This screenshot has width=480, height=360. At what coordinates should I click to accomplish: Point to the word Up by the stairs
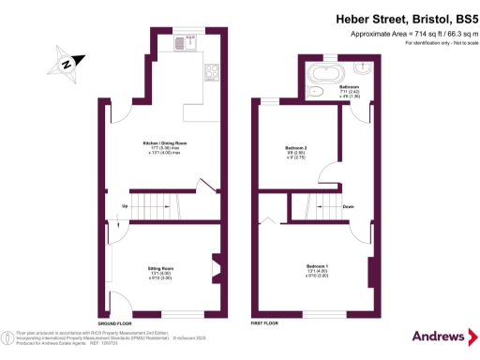[x=123, y=205]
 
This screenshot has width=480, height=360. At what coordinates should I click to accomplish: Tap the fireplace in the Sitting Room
[x=216, y=268]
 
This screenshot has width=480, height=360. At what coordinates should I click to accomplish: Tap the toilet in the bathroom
[x=317, y=91]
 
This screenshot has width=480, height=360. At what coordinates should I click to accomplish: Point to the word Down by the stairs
[x=348, y=206]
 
